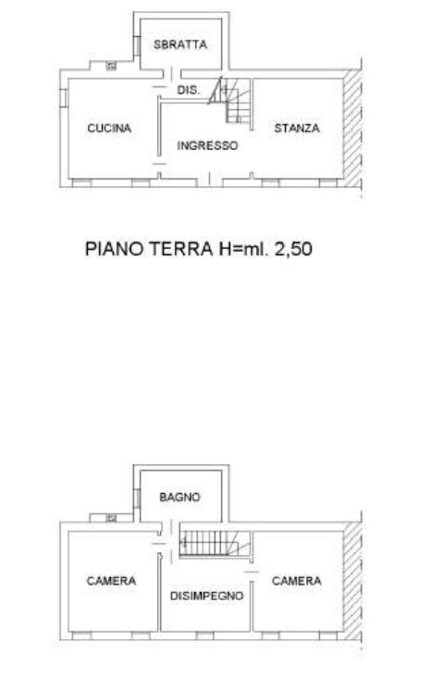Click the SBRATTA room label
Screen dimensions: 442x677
coord(180,44)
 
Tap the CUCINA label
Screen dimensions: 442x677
coord(109,128)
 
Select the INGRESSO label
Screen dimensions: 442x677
coord(207,145)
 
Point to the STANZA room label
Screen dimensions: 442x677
coord(297,128)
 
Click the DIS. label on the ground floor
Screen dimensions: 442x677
coord(189,91)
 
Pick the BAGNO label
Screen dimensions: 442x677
coord(179,497)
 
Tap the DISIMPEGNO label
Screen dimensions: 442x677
coord(207,596)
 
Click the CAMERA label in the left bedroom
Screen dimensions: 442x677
coord(111,581)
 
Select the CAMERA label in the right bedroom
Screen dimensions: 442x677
coord(297,581)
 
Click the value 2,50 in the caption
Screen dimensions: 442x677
coord(293,249)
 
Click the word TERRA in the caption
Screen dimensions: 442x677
coord(181,249)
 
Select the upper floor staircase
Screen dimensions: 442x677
coord(215,543)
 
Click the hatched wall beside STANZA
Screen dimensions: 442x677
coord(352,129)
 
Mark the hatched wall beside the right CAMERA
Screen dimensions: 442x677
coord(352,581)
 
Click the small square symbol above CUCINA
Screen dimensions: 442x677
coord(112,66)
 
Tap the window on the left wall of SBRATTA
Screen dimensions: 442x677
coord(137,46)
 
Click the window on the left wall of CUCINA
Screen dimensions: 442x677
coord(63,97)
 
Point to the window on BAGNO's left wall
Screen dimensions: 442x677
coord(137,499)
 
